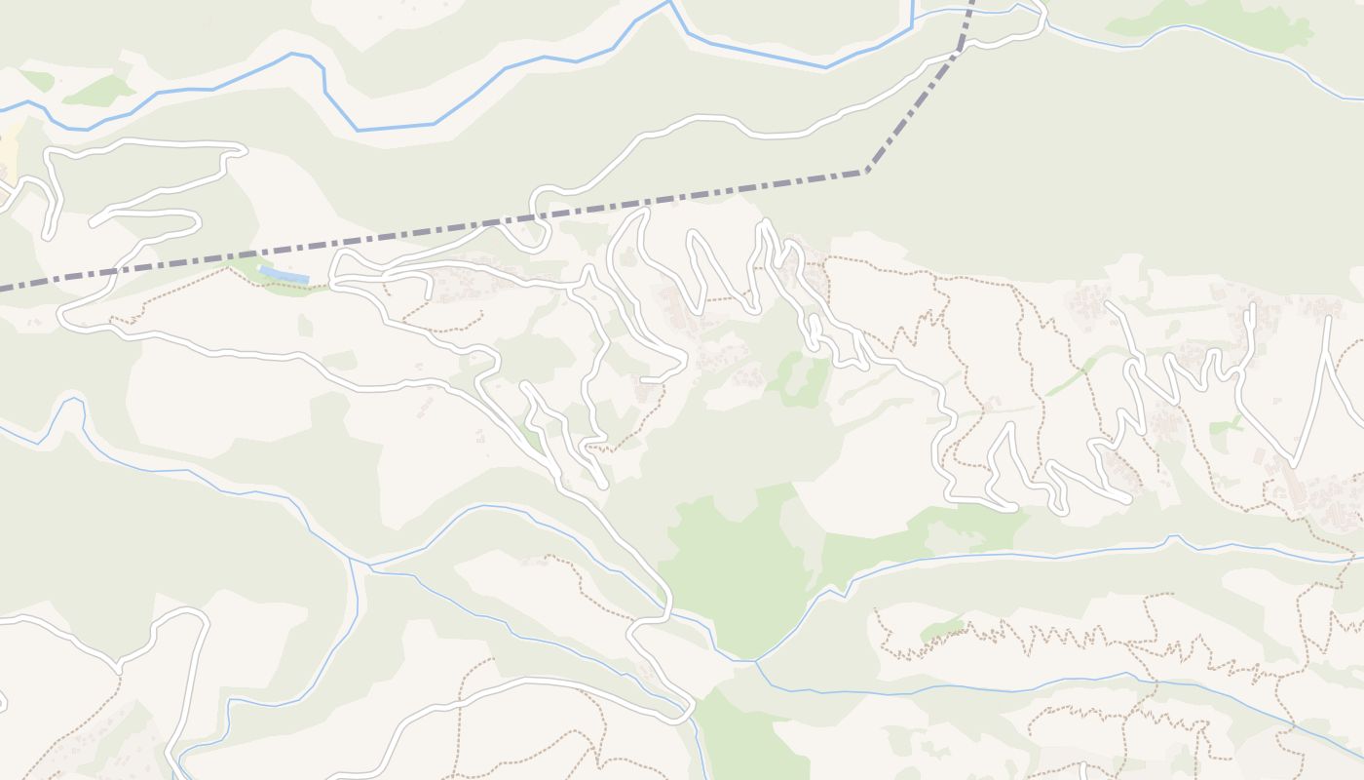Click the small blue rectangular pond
(284, 276)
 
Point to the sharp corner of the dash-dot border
(865, 172)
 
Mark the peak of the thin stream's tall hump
(71, 399)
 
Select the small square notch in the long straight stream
(1174, 538)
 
